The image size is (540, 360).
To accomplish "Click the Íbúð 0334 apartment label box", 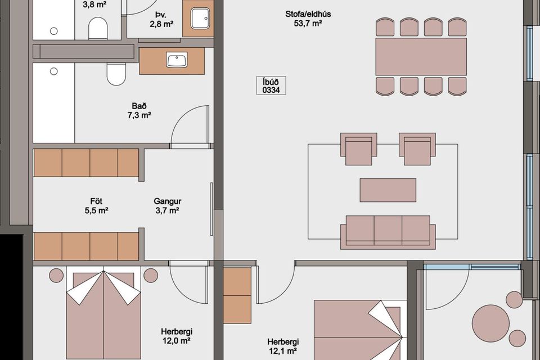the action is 271,85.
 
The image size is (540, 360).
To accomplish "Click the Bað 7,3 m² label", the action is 139,111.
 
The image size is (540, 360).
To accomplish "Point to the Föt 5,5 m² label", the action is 96,206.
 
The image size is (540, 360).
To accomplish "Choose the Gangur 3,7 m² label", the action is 168,206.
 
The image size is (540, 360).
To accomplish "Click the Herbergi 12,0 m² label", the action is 176,336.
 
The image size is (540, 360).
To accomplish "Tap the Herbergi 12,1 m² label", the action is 283,346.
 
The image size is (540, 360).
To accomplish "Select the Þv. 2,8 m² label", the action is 161,20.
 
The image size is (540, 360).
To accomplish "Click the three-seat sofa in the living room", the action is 388,232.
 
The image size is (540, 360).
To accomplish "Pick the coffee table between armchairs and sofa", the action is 388,190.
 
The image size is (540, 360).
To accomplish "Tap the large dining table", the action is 421,56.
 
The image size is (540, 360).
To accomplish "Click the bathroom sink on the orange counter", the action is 177,60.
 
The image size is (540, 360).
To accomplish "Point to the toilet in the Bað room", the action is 116,74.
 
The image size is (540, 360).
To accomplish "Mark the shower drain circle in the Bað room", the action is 54,71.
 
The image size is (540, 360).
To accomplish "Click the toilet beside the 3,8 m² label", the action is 98,29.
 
